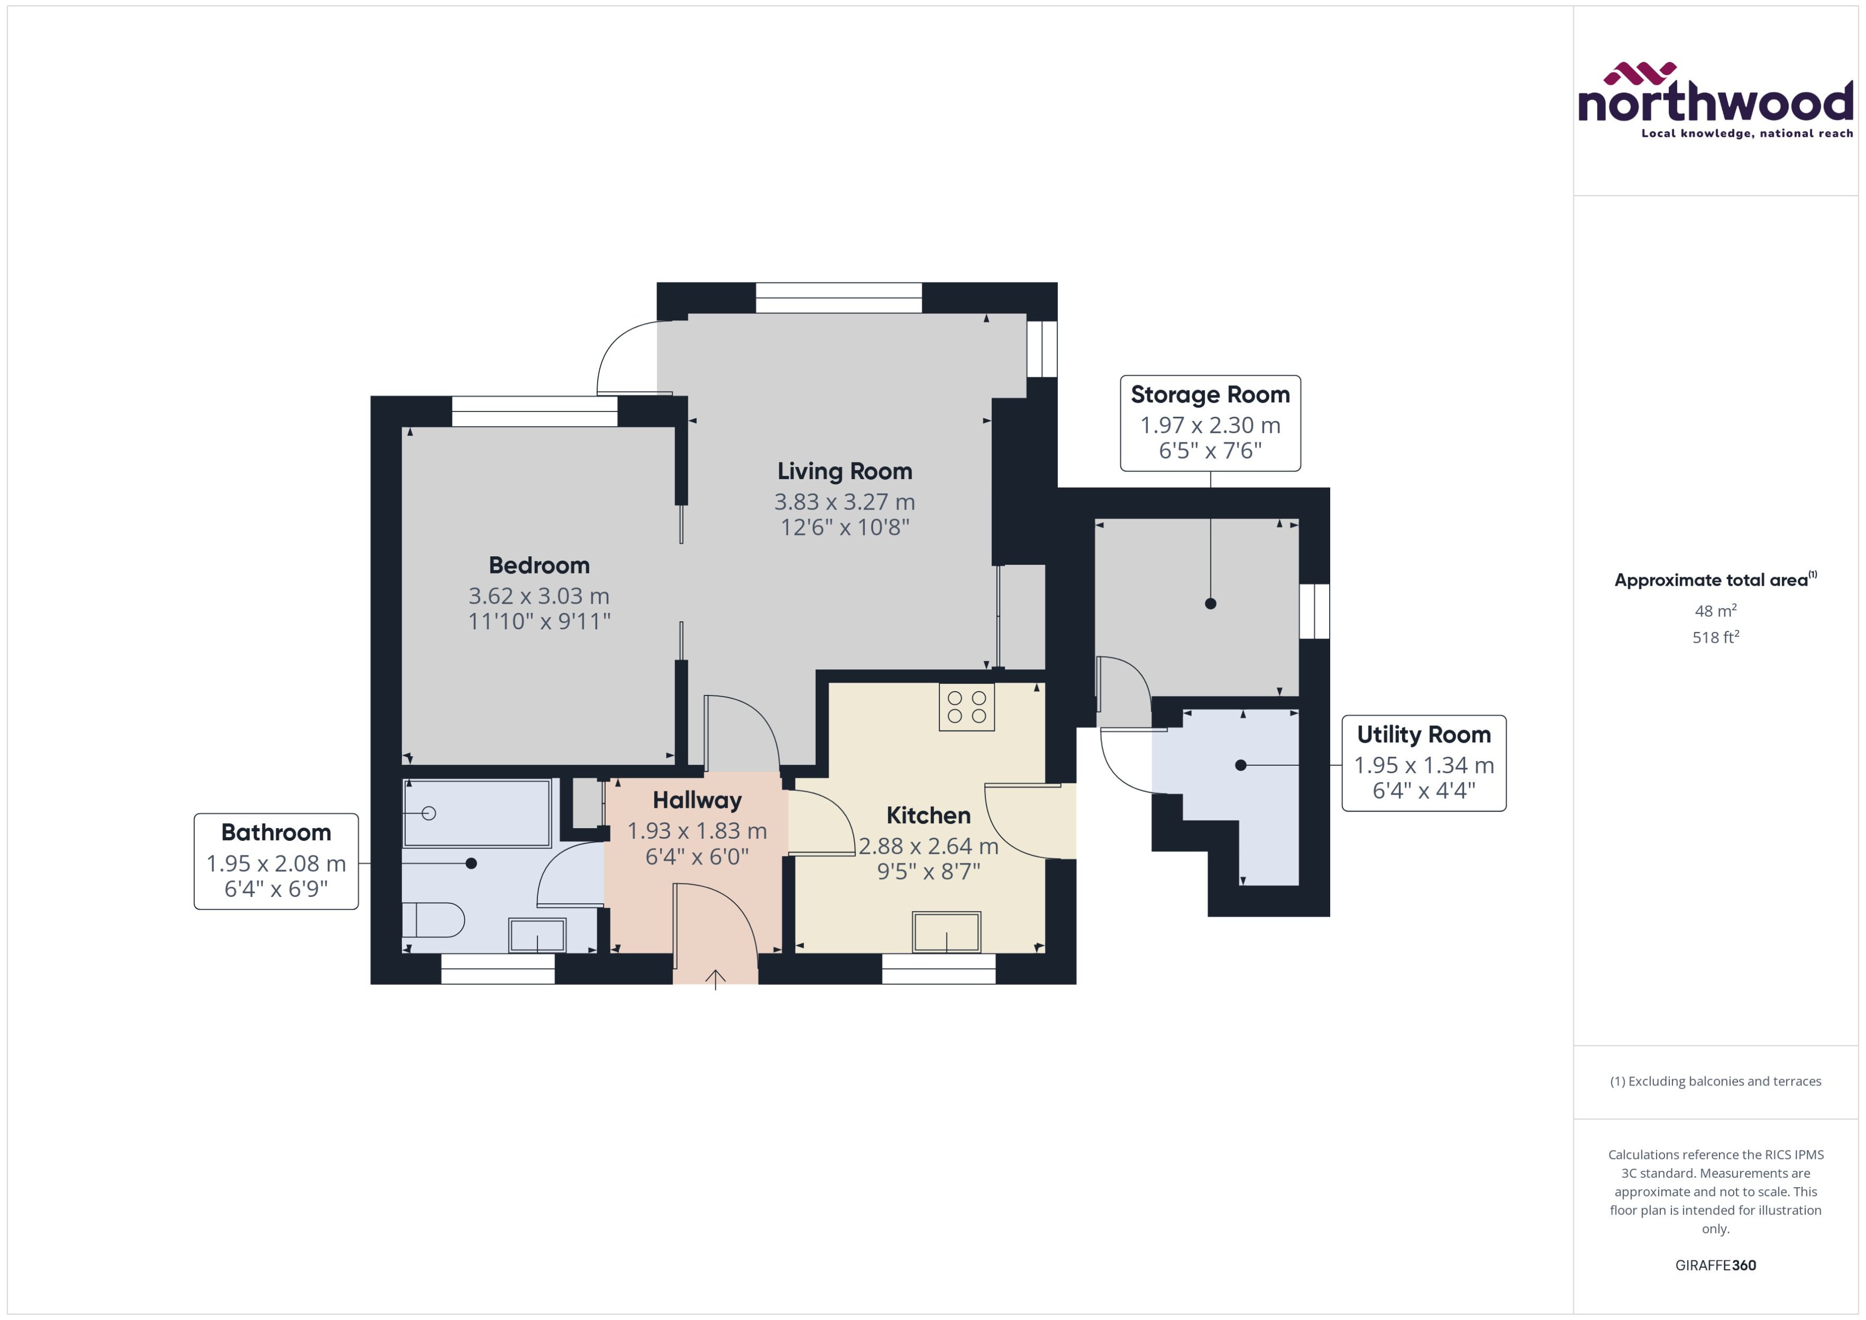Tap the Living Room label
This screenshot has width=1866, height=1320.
(x=844, y=472)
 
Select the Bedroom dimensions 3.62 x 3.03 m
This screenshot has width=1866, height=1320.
(x=538, y=596)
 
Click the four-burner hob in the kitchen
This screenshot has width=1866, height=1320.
(x=966, y=707)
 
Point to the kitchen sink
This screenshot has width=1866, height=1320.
(x=946, y=932)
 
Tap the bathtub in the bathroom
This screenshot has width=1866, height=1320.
(x=477, y=813)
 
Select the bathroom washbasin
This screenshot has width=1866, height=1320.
(x=537, y=934)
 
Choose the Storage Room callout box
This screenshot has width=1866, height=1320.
(x=1209, y=423)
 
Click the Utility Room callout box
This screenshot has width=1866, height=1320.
(x=1423, y=763)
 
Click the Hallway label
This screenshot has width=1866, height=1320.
(x=697, y=800)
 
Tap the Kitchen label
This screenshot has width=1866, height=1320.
(x=928, y=815)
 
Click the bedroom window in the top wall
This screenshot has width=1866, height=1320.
(x=534, y=411)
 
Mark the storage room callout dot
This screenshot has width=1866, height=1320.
(x=1210, y=603)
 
